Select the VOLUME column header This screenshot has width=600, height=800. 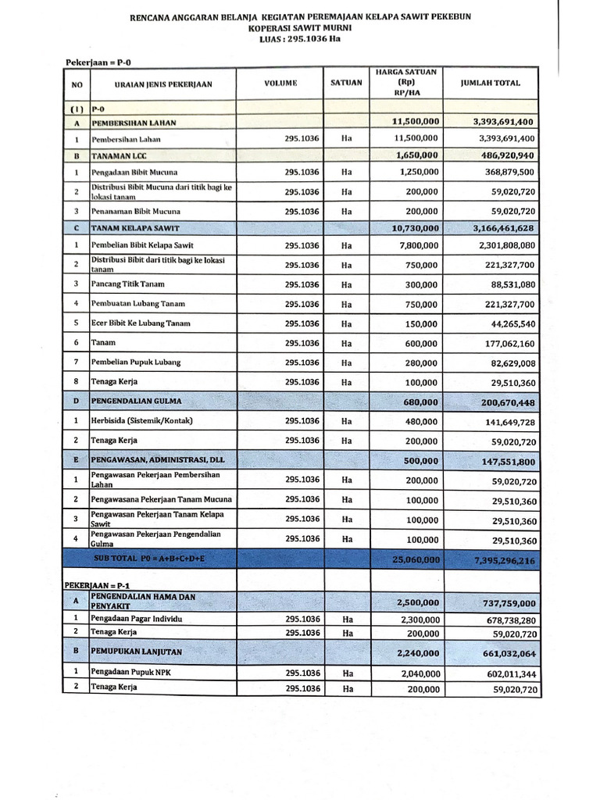[281, 83]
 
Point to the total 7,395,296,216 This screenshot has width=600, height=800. [504, 560]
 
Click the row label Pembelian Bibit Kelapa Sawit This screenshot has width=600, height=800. [142, 246]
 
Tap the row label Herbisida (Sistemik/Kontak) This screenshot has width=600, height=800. [141, 420]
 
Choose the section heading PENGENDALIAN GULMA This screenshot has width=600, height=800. [137, 401]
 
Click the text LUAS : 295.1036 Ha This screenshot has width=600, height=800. [302, 37]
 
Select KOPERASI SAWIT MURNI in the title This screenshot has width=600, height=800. [302, 27]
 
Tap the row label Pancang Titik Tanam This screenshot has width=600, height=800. [128, 284]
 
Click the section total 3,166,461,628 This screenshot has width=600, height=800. [504, 228]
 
